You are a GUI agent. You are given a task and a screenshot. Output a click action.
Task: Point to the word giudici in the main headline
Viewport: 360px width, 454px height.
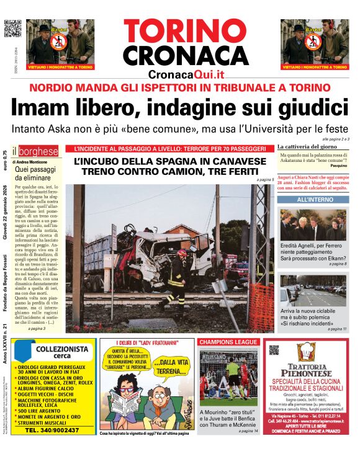[x=309, y=107]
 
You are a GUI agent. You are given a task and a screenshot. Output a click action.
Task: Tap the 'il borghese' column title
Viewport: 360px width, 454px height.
[x=38, y=151]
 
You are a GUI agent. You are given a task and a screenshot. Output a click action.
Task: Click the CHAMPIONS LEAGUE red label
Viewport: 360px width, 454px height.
[x=227, y=342]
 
